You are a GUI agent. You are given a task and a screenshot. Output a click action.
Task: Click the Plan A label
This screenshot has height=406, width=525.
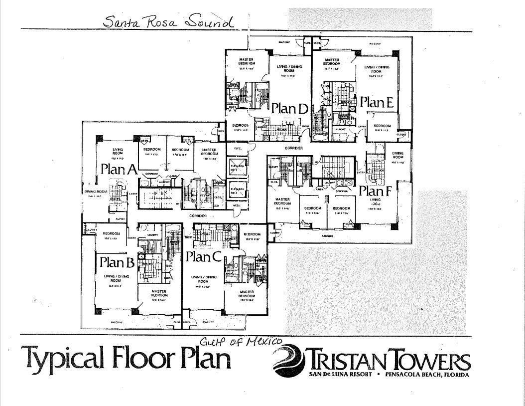click(119, 169)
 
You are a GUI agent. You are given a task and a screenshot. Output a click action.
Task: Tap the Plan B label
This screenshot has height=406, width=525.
click(117, 261)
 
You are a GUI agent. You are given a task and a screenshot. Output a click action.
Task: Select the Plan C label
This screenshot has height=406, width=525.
click(203, 257)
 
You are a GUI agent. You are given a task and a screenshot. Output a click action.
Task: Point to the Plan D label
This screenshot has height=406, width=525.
click(289, 108)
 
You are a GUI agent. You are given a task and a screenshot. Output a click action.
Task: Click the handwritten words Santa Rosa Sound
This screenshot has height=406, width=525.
click(168, 22)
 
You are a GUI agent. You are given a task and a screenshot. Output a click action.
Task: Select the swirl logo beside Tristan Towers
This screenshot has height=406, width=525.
click(287, 361)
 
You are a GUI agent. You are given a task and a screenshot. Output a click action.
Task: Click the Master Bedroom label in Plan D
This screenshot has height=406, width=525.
click(247, 62)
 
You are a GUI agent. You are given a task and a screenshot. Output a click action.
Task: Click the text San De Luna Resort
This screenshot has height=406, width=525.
click(341, 374)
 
